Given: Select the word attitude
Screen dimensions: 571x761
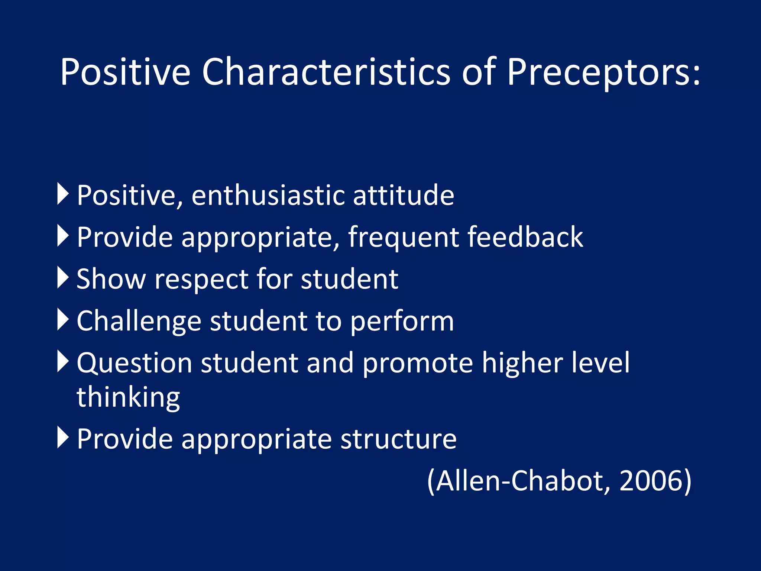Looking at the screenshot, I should [x=403, y=196].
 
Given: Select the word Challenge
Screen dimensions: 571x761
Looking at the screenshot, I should [x=139, y=322].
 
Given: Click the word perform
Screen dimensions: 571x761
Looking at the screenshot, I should [x=402, y=322].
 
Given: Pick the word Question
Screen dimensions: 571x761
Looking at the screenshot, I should [x=135, y=364].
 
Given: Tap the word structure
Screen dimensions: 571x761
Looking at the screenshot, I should [x=398, y=439].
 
